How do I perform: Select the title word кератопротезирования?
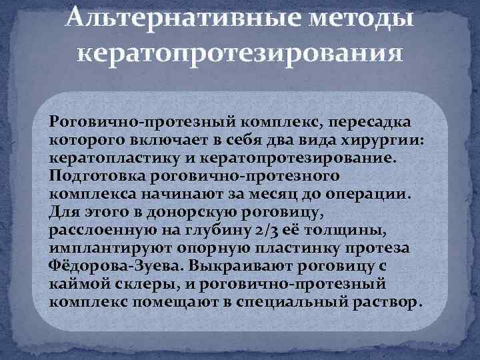(240, 52)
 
